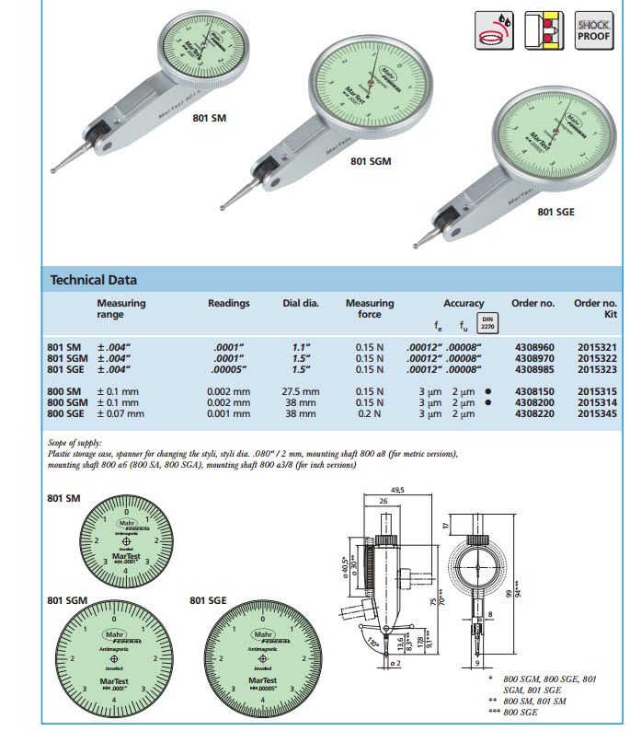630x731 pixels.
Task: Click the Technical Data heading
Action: tap(93, 280)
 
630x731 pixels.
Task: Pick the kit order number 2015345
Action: tap(595, 413)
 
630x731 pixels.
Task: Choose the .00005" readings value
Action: tap(228, 369)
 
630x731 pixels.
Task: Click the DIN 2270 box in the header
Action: tap(488, 321)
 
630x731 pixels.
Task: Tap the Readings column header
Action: tap(228, 303)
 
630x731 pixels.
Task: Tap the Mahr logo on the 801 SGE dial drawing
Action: tap(264, 634)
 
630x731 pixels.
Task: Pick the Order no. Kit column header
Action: tap(595, 308)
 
